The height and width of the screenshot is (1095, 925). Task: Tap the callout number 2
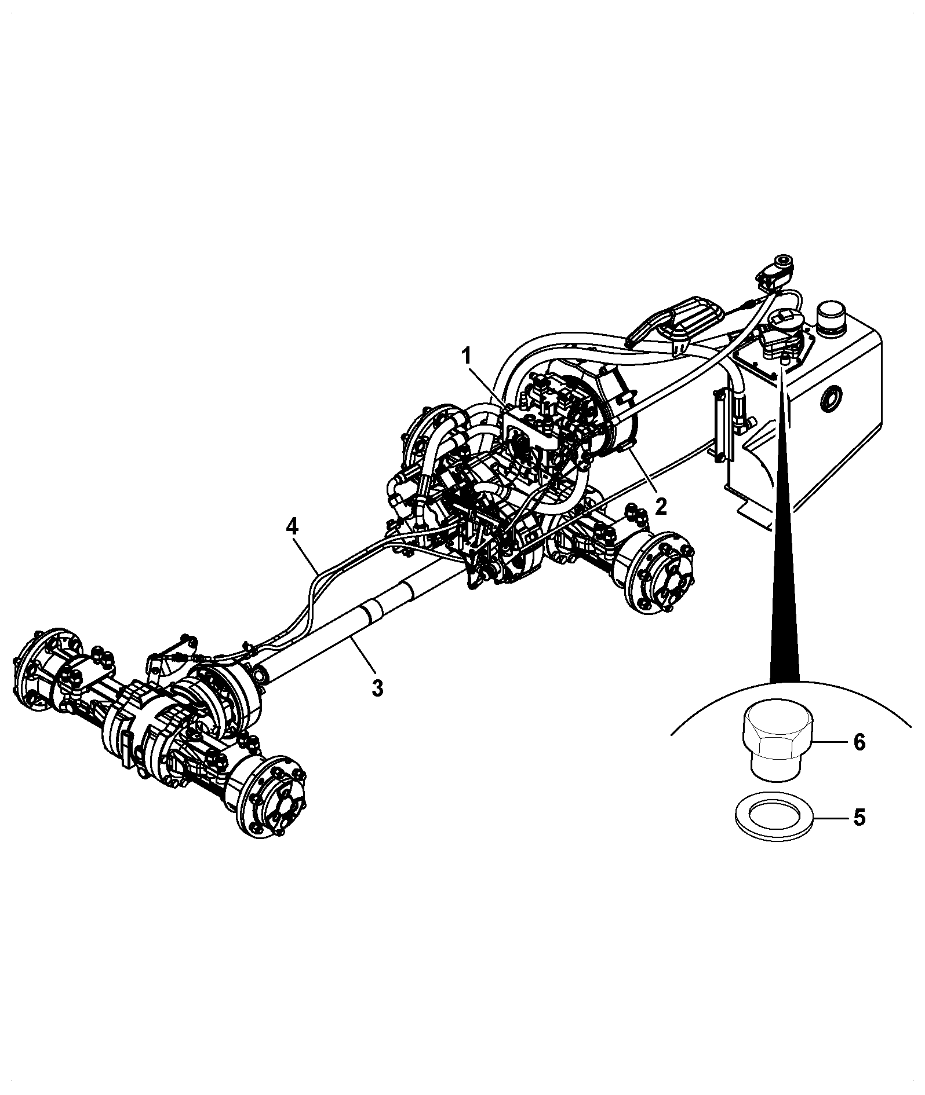(x=661, y=507)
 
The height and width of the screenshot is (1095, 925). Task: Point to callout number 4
(x=292, y=527)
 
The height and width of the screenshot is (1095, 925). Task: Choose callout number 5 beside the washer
(x=859, y=818)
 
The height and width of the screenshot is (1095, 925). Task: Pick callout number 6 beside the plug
(x=859, y=742)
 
